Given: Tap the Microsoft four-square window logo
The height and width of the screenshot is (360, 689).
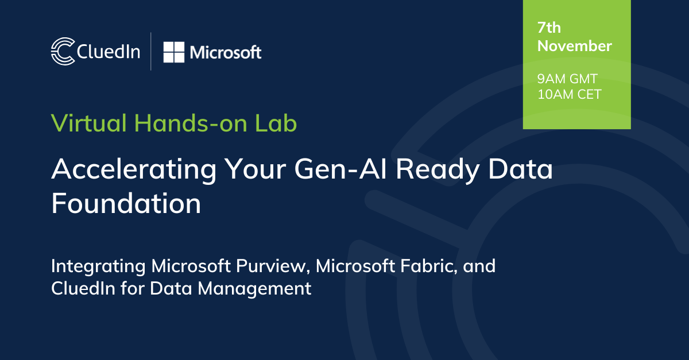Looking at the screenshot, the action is click(174, 52).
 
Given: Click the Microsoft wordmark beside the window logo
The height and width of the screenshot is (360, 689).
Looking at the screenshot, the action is click(226, 52).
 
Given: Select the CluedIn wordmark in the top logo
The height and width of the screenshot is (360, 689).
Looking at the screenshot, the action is click(109, 51).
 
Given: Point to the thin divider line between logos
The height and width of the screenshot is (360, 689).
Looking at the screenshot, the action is click(150, 51).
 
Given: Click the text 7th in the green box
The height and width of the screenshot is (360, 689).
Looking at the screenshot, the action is click(549, 28).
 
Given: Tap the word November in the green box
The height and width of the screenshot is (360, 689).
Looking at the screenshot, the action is click(574, 46).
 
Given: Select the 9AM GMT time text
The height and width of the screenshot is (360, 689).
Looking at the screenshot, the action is click(567, 79).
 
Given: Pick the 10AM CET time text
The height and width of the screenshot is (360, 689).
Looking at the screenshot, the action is click(569, 94).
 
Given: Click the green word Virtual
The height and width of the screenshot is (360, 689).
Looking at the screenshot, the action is click(88, 123).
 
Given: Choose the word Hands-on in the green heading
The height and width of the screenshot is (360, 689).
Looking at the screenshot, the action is click(191, 123).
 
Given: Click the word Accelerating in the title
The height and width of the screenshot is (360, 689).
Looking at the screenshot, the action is click(134, 170).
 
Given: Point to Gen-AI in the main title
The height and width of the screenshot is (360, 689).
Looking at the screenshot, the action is click(340, 169).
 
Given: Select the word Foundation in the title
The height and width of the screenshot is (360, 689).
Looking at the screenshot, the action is click(126, 203).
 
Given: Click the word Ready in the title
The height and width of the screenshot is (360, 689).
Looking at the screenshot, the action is click(438, 170).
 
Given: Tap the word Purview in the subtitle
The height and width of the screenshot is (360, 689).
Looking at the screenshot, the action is click(273, 266).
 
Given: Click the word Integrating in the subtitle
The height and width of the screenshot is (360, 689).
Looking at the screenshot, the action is click(98, 266).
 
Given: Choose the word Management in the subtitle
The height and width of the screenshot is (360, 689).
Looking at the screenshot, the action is click(254, 289).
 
